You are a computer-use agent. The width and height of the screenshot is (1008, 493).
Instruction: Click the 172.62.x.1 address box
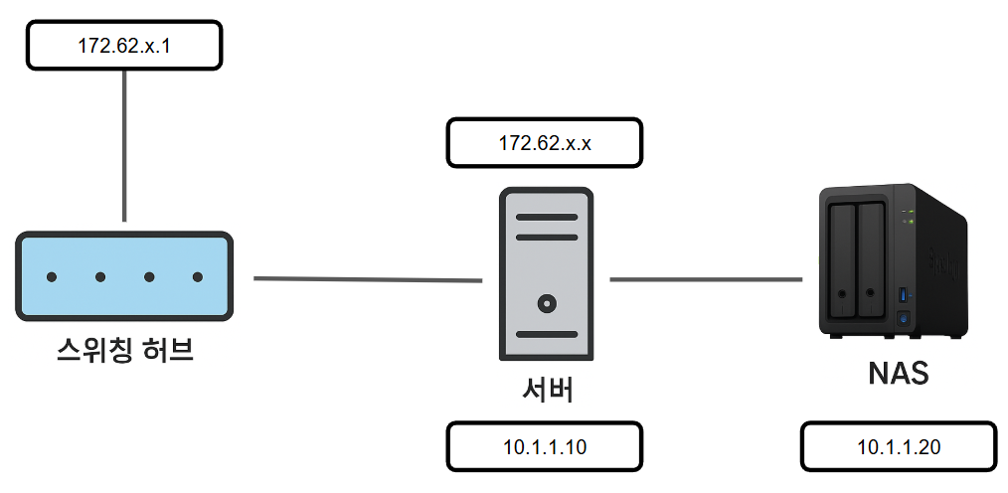pos(123,46)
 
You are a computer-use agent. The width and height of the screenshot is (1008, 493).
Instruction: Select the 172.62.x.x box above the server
pos(545,144)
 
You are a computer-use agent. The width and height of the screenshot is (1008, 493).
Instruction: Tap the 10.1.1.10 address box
pos(545,446)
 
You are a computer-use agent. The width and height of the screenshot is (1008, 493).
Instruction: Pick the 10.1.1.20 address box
pos(899,446)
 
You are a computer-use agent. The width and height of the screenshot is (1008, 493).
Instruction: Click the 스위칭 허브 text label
pos(124,350)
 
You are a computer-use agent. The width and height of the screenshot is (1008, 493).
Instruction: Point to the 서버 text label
pos(545,389)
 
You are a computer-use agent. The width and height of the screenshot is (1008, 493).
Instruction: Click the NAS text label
pos(898,374)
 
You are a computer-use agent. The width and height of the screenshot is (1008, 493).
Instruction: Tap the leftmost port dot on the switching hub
pos(52,276)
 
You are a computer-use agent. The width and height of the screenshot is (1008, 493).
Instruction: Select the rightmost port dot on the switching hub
pos(198,276)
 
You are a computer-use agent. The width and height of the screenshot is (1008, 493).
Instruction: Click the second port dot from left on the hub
pos(100,276)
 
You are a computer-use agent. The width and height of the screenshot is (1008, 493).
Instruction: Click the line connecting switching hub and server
pos(368,279)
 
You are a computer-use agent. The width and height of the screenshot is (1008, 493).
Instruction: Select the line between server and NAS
pos(706,279)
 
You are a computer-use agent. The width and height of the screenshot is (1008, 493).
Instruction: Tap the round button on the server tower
pos(545,302)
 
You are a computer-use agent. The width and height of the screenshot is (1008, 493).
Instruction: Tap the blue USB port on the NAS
pos(903,295)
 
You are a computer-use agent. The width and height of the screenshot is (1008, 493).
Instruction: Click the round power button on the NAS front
pos(903,318)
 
